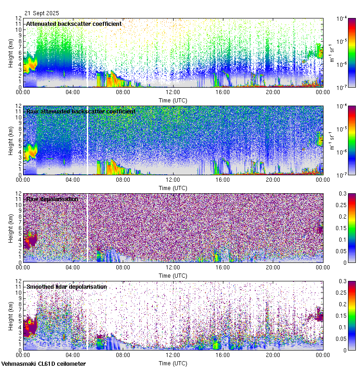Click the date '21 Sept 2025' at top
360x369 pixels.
point(42,13)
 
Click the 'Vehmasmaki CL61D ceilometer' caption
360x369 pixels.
point(43,364)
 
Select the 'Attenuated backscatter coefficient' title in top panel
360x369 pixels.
point(74,24)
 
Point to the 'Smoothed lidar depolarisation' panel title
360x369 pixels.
point(66,286)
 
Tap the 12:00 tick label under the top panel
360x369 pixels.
point(173,92)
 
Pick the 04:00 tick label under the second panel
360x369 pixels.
point(73,179)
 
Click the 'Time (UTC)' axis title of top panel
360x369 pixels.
point(173,100)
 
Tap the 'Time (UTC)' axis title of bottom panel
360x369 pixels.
point(173,363)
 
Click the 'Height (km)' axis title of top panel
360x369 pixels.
point(11,53)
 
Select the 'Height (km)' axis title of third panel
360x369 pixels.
point(11,228)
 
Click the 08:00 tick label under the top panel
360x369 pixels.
point(123,92)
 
